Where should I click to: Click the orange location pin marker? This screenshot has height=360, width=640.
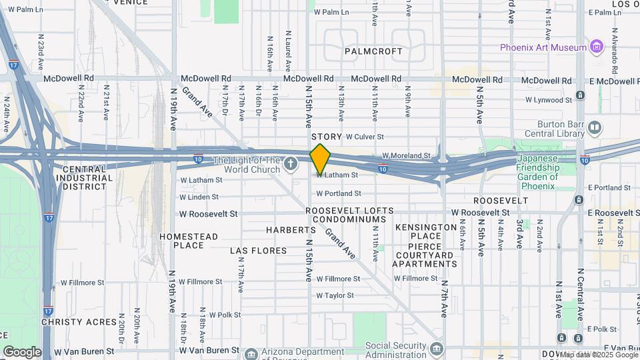tap(320, 159)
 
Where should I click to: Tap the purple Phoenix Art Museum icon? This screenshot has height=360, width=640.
tap(596, 47)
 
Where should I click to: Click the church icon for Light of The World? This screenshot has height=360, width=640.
tap(290, 163)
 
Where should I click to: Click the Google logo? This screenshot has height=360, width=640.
tap(21, 352)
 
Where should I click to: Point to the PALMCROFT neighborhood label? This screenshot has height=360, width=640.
tap(373, 51)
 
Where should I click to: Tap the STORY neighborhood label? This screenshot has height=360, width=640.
tap(326, 137)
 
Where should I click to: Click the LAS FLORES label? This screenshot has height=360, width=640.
tap(259, 251)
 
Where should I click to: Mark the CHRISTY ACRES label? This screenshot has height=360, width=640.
tap(79, 322)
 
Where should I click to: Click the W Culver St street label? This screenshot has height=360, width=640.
tap(365, 137)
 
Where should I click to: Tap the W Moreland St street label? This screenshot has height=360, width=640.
tap(406, 155)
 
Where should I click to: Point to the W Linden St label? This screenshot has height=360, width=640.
tap(199, 197)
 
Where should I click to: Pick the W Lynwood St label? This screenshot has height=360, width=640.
tap(549, 100)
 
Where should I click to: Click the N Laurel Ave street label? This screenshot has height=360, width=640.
tap(288, 51)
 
